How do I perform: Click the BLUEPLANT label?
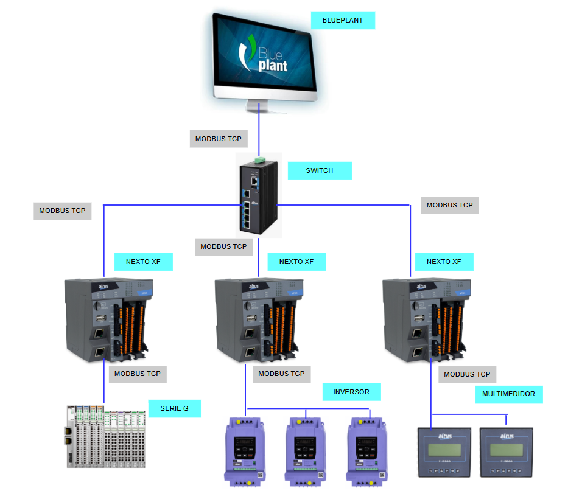click(343, 20)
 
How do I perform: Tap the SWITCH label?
click(320, 170)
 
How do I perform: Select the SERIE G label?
click(174, 408)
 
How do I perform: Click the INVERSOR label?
click(351, 392)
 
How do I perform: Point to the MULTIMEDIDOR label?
click(508, 394)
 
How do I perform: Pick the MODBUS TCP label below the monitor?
click(218, 139)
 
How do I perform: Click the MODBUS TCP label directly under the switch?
click(223, 246)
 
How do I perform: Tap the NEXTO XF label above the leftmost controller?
click(143, 262)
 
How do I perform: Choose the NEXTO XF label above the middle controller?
click(296, 262)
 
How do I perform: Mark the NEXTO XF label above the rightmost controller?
click(444, 262)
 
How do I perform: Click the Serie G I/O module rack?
click(107, 436)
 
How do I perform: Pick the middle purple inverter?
click(306, 451)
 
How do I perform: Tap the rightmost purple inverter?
click(367, 451)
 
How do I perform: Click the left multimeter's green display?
click(444, 449)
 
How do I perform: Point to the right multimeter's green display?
click(507, 449)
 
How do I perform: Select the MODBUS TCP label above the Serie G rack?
click(138, 374)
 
